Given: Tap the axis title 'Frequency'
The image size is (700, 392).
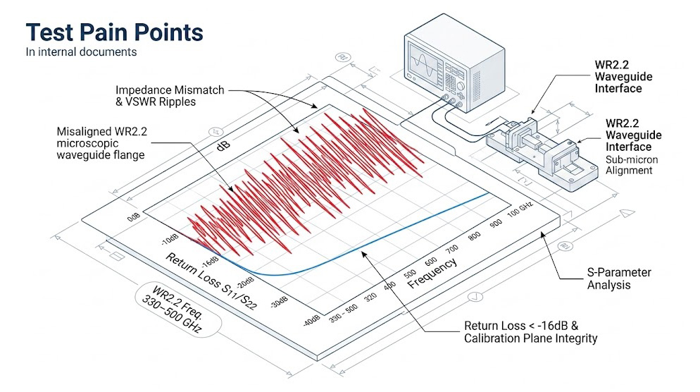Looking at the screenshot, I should (x=432, y=272).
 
